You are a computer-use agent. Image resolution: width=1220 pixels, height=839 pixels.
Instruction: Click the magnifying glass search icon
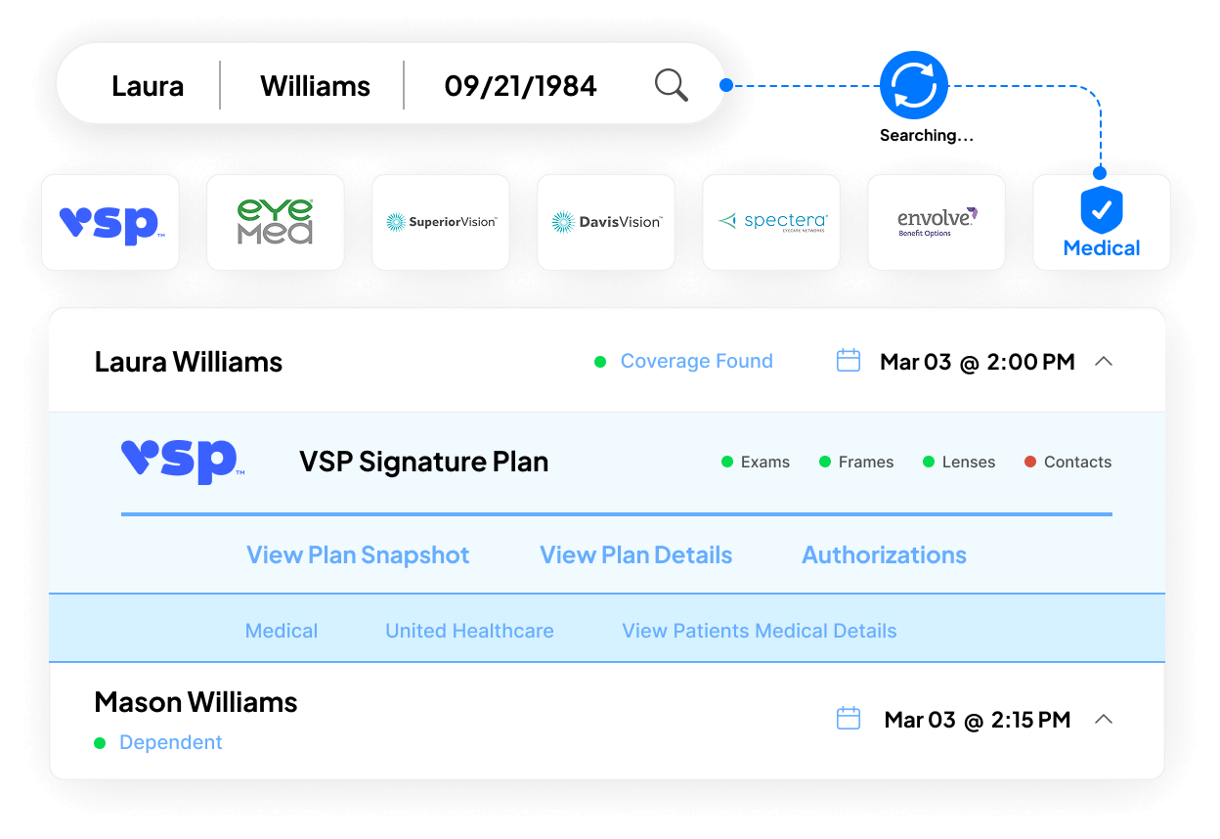pyautogui.click(x=671, y=86)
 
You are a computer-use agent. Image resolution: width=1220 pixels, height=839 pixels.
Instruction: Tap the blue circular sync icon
pyautogui.click(x=914, y=86)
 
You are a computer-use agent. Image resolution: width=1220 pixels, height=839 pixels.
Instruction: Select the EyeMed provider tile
pyautogui.click(x=276, y=223)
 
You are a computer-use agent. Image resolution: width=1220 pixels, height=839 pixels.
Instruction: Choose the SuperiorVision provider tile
pyautogui.click(x=441, y=223)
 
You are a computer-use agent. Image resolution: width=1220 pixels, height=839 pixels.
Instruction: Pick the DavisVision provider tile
pyautogui.click(x=606, y=223)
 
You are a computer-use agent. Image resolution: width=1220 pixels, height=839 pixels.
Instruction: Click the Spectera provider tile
pyautogui.click(x=771, y=223)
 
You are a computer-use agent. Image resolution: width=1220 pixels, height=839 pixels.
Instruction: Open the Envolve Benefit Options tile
pyautogui.click(x=937, y=223)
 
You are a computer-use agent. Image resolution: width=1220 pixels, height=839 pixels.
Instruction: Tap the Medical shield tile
pyautogui.click(x=1102, y=223)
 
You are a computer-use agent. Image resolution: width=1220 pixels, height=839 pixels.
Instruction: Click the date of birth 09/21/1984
pyautogui.click(x=520, y=86)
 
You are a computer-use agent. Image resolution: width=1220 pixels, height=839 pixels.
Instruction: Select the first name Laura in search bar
pyautogui.click(x=148, y=86)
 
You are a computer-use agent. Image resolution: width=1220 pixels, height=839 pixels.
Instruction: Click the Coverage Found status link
pyautogui.click(x=696, y=362)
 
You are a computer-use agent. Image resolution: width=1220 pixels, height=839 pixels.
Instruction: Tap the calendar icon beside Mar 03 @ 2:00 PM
pyautogui.click(x=849, y=362)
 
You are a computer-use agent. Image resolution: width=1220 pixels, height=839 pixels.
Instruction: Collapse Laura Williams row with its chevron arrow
pyautogui.click(x=1104, y=362)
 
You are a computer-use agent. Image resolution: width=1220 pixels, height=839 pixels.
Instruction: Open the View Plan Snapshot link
pyautogui.click(x=358, y=555)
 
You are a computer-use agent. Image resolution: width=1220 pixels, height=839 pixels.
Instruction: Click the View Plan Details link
pyautogui.click(x=635, y=555)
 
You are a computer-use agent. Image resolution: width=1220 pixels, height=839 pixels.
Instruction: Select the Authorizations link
pyautogui.click(x=884, y=555)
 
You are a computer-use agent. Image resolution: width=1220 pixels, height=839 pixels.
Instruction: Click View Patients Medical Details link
pyautogui.click(x=759, y=632)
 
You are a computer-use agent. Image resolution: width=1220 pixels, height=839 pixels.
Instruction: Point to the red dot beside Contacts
pyautogui.click(x=1029, y=463)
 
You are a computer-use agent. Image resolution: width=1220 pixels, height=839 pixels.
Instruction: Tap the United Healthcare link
pyautogui.click(x=469, y=632)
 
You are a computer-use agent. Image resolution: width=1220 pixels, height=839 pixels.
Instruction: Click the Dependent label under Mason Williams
pyautogui.click(x=170, y=743)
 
